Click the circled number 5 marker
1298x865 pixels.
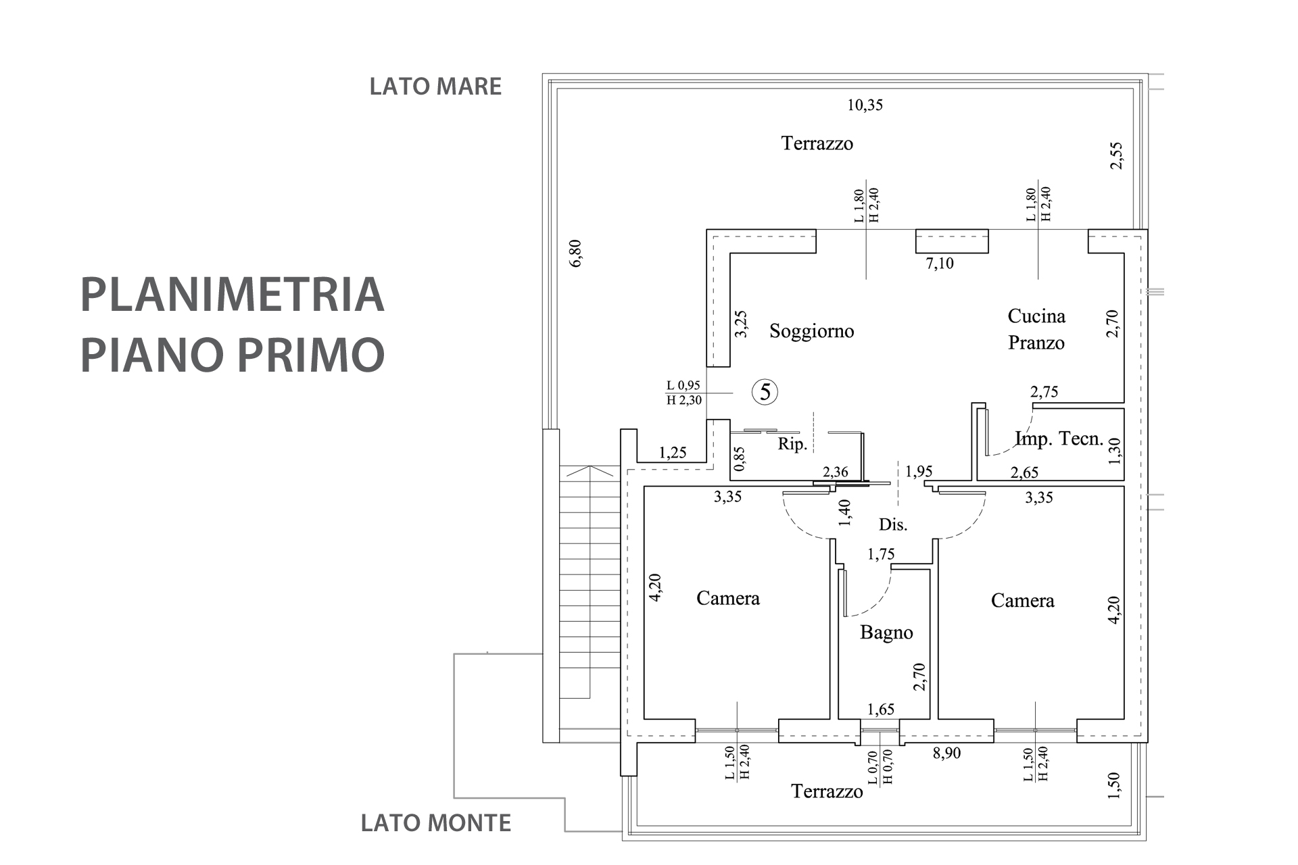765,392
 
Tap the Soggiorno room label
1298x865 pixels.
811,331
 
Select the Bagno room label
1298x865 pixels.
886,633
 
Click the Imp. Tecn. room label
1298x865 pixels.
1059,439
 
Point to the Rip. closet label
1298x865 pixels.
792,444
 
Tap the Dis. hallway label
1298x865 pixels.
892,524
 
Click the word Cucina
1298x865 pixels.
1036,316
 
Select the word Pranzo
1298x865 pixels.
1036,343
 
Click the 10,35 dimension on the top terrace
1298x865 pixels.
865,105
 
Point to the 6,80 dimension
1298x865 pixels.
575,253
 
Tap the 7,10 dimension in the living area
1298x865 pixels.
940,264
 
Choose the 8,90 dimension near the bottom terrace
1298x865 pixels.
946,752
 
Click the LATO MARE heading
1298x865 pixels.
435,86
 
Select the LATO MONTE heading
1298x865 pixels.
435,822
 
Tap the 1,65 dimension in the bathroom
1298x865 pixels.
881,709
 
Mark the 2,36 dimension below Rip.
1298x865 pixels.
835,472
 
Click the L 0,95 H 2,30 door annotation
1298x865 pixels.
684,393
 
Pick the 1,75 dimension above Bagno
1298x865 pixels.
881,554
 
